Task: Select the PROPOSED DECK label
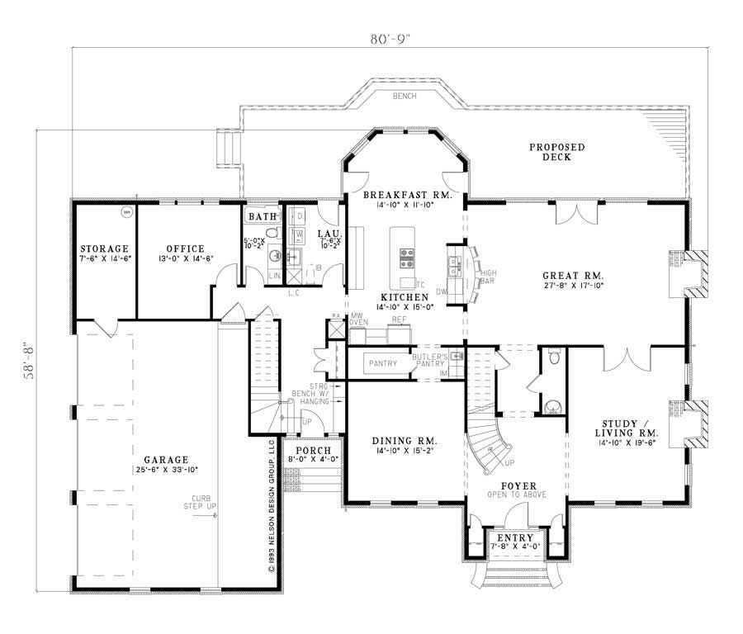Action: (557, 152)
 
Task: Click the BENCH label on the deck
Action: (405, 97)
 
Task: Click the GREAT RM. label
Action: (573, 276)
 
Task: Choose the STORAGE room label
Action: (104, 248)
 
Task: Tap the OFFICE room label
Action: (184, 248)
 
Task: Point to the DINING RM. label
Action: (405, 441)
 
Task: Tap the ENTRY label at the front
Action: (515, 537)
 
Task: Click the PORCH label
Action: (307, 450)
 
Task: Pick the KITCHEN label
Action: (405, 296)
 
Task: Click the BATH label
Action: (263, 217)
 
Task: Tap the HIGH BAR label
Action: (488, 277)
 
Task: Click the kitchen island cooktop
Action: (407, 259)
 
